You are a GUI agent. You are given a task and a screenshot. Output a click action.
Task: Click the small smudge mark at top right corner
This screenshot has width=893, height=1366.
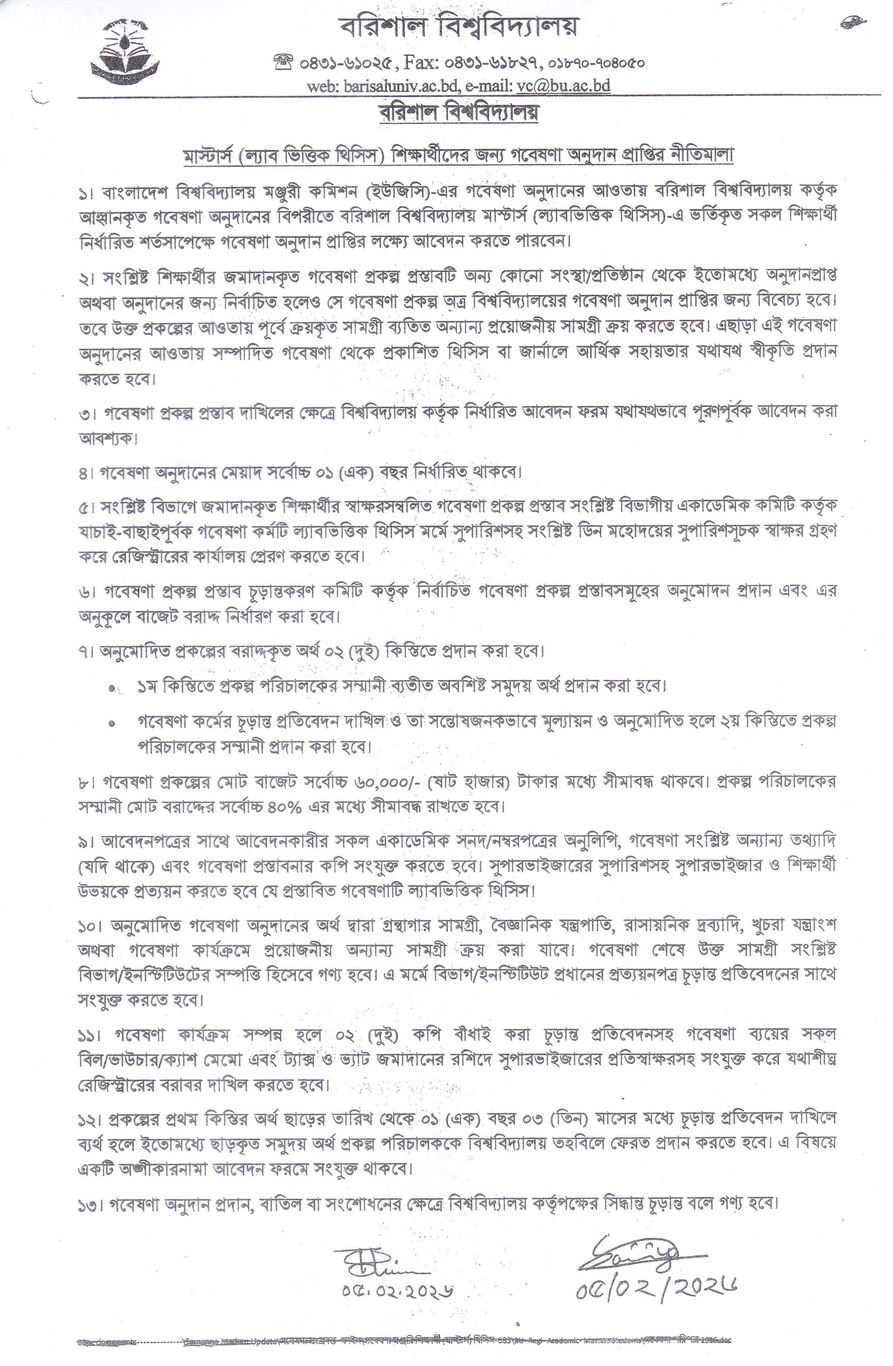pos(849,23)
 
